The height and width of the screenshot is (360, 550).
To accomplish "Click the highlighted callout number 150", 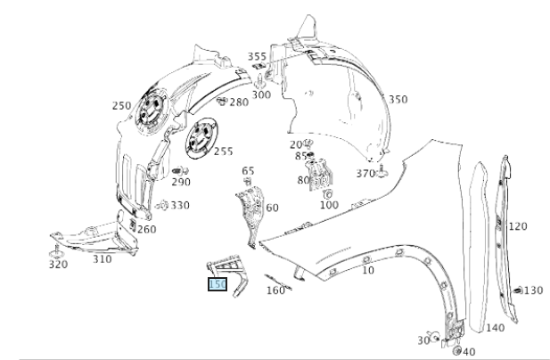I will (x=218, y=284).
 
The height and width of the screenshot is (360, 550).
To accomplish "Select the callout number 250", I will (x=122, y=106).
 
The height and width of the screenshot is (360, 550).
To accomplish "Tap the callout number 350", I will (x=398, y=99).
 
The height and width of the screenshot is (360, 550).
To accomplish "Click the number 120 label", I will (x=518, y=226).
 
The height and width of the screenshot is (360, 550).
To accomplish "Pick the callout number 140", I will (x=495, y=328).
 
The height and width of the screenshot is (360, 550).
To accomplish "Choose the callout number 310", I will (x=102, y=260).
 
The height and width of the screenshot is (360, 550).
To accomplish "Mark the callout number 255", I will (x=223, y=151).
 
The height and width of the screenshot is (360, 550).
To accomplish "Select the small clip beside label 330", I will (x=162, y=206).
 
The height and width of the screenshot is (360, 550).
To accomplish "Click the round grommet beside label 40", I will (x=457, y=351).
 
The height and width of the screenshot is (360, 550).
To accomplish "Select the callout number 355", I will (x=257, y=56).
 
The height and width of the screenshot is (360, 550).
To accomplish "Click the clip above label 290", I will (x=177, y=169).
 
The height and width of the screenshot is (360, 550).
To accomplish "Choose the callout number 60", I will (x=272, y=208).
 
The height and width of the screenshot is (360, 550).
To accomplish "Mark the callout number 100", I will (x=329, y=205).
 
